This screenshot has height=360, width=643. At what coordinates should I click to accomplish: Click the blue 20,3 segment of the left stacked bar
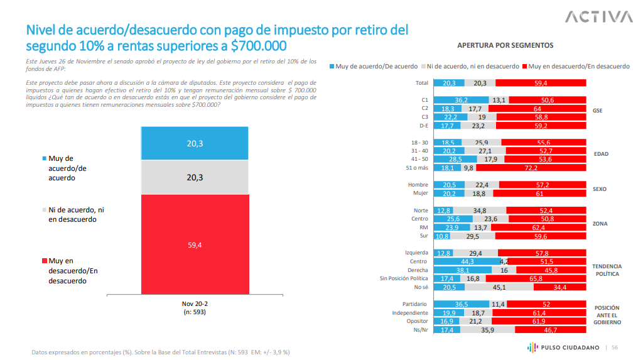[195, 144]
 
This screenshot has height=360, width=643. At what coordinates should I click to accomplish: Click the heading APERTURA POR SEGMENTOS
[505, 45]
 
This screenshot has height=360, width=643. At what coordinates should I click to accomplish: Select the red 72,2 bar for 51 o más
[531, 168]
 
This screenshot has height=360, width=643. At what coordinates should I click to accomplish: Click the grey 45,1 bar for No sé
[499, 287]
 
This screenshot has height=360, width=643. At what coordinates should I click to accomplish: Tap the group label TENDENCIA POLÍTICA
[606, 270]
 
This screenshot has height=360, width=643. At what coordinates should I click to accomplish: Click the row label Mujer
[419, 194]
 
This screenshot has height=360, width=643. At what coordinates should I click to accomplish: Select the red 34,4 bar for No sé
[560, 287]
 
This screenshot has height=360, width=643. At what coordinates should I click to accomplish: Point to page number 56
[615, 347]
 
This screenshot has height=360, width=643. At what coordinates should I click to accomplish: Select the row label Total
[421, 83]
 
